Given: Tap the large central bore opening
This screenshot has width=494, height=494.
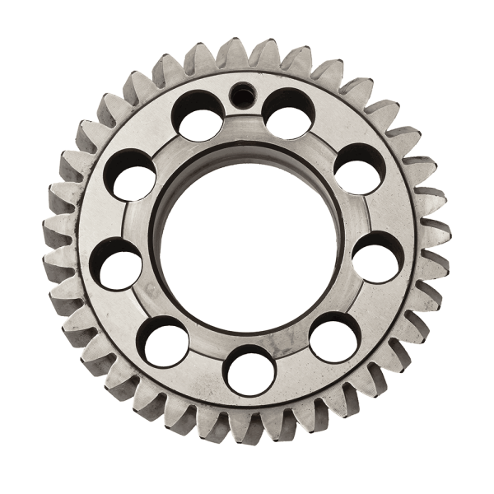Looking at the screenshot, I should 247,247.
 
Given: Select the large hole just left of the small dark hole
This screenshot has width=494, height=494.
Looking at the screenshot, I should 198,115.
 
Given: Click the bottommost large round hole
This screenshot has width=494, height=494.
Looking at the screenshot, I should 249,370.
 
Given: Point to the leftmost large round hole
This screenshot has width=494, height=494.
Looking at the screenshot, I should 116,263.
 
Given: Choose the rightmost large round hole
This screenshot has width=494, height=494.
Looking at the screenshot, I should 378,257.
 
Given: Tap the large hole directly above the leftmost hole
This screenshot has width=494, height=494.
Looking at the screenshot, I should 132,175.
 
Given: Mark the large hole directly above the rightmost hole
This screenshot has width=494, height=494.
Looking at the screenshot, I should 359,169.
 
